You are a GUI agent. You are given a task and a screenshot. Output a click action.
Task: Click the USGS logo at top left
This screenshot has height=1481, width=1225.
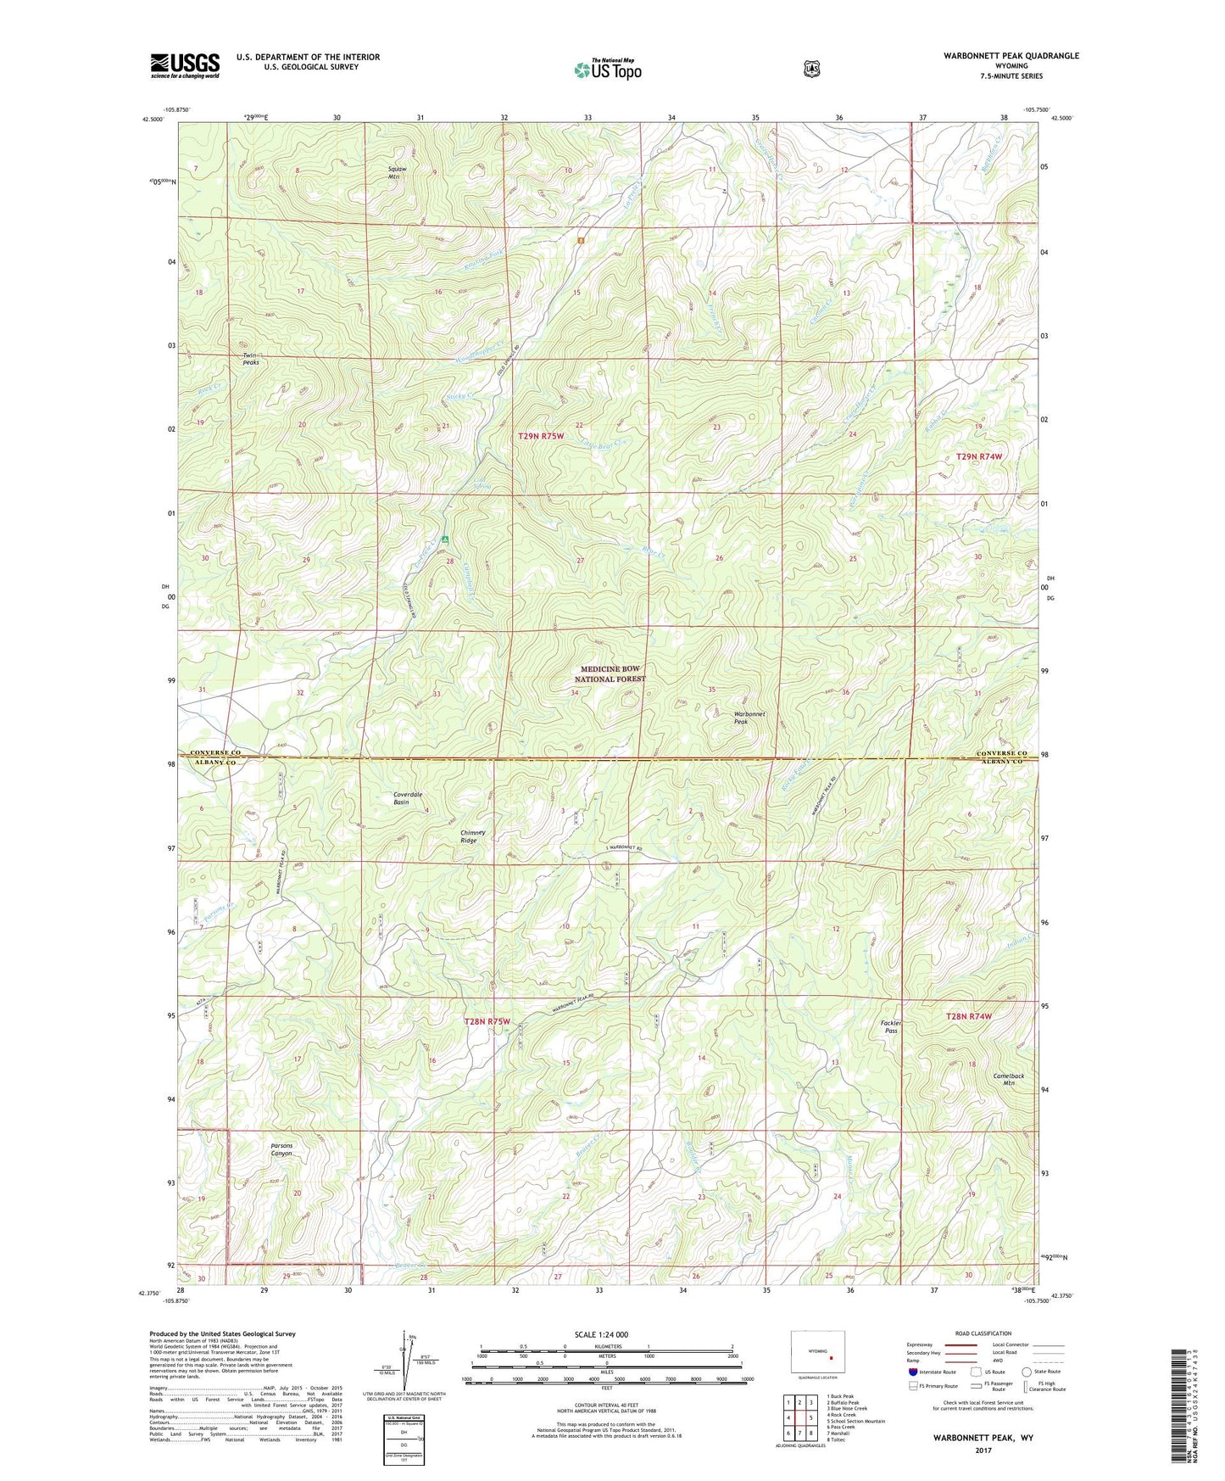185,64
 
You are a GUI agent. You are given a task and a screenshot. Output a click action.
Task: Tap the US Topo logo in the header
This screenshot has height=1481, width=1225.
607,69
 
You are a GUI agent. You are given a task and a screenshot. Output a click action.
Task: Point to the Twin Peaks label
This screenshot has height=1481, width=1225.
251,359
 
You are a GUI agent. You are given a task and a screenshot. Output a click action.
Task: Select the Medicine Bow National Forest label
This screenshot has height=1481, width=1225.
610,674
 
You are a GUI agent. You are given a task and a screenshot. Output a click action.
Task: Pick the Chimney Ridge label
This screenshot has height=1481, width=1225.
473,836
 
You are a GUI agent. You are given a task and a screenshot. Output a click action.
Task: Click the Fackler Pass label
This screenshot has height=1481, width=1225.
891,1026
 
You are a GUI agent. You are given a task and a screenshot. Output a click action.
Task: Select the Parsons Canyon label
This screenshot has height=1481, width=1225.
281,1149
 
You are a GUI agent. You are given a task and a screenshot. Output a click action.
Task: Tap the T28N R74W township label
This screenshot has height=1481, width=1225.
968,1015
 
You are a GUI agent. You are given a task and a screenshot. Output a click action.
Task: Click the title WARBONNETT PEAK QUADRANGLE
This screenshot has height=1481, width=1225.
1011,55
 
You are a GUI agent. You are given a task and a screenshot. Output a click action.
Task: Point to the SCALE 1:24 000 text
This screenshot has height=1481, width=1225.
601,1334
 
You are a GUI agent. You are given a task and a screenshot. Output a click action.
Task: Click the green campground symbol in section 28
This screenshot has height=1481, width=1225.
445,539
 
